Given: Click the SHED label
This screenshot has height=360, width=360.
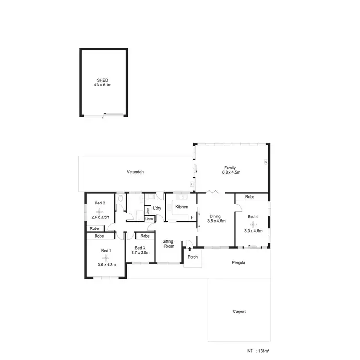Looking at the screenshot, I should pyautogui.click(x=102, y=80).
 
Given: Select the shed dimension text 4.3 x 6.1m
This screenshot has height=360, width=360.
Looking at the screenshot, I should pyautogui.click(x=102, y=85).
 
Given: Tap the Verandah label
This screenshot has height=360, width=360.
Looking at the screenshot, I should pyautogui.click(x=135, y=172).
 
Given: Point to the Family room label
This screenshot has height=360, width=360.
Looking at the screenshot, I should pyautogui.click(x=230, y=168).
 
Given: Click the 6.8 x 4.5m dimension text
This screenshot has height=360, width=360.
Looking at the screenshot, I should pyautogui.click(x=230, y=172).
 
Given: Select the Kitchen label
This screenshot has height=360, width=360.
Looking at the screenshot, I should pyautogui.click(x=181, y=207).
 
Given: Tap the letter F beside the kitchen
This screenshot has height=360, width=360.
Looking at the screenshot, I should pyautogui.click(x=192, y=217).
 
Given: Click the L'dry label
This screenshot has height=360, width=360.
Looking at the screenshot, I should pyautogui.click(x=157, y=208).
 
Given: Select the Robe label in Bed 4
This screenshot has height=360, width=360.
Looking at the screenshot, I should pyautogui.click(x=250, y=197).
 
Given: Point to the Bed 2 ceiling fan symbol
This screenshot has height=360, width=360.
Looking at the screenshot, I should pyautogui.click(x=100, y=211).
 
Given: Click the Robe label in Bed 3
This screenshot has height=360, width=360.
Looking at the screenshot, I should pyautogui.click(x=144, y=236).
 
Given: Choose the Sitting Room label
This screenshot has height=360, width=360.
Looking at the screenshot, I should pyautogui.click(x=168, y=243).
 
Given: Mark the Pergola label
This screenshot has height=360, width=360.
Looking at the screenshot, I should pyautogui.click(x=238, y=263).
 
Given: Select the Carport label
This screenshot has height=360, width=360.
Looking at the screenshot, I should pyautogui.click(x=239, y=312).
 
